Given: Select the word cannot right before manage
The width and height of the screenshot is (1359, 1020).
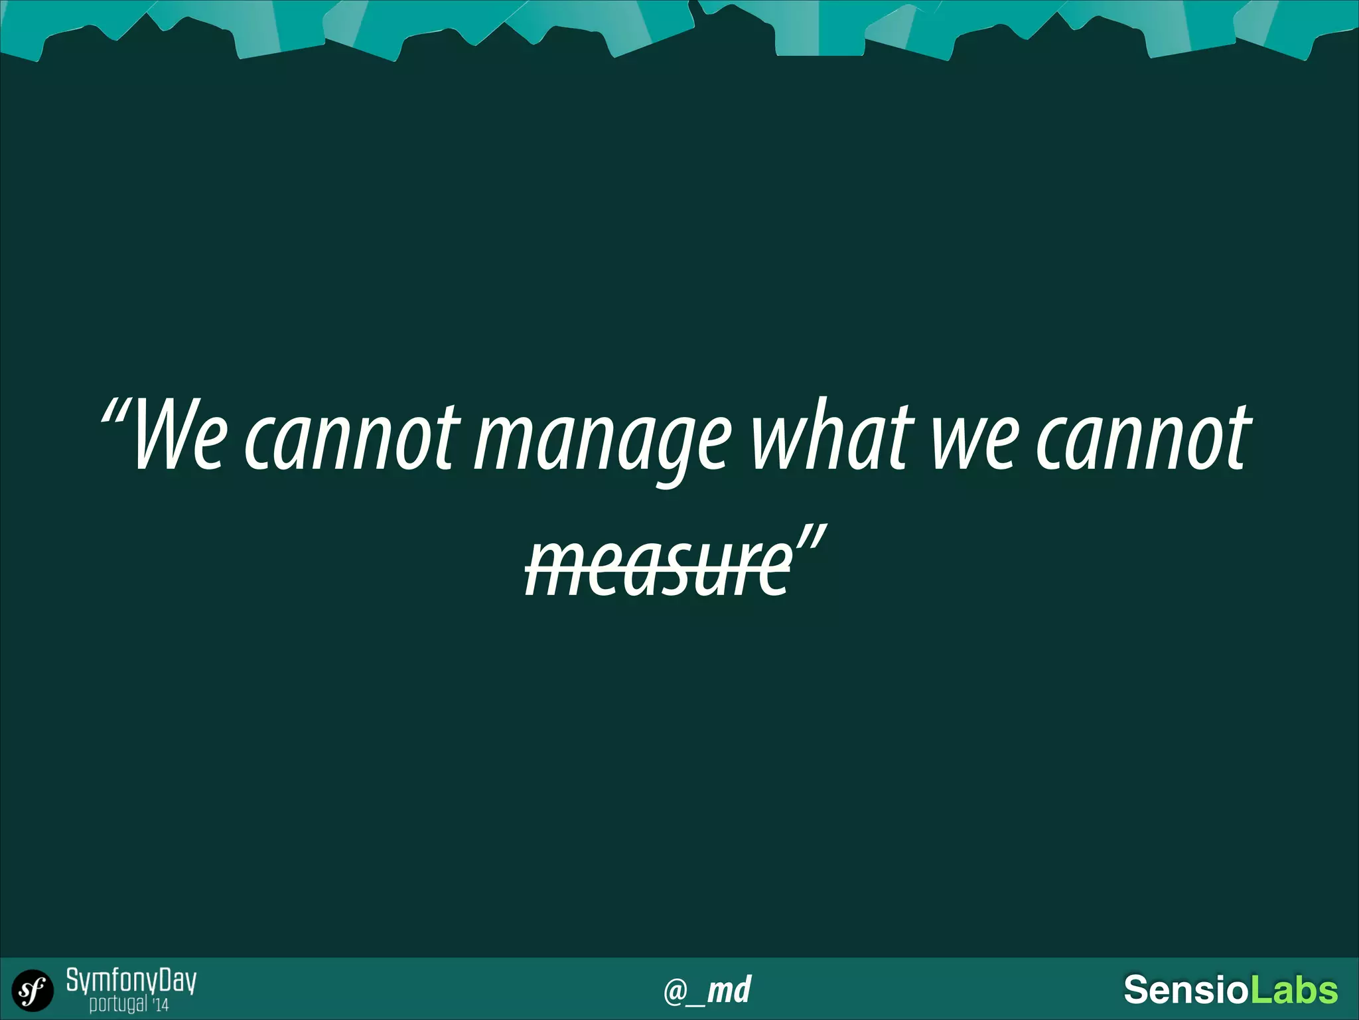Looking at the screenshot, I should [x=352, y=438].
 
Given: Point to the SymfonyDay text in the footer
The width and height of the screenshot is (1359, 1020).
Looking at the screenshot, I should [x=131, y=981].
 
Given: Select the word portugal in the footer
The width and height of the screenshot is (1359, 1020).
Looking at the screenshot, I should [x=118, y=1003].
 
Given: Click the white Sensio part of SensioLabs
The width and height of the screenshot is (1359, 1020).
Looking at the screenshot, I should [x=1186, y=989].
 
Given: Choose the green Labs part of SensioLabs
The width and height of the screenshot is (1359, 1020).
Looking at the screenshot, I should [x=1294, y=989].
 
